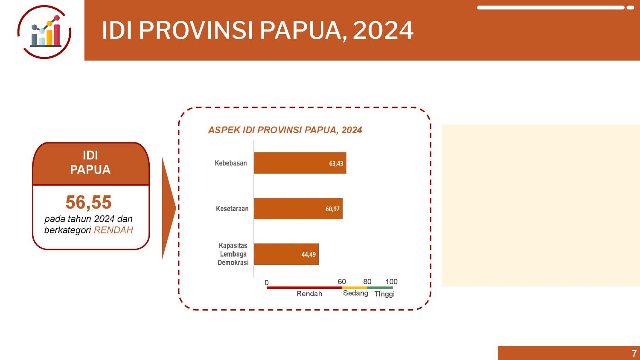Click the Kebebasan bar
pyautogui.click(x=300, y=163)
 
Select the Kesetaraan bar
pyautogui.click(x=298, y=209)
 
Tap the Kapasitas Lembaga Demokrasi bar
pyautogui.click(x=286, y=254)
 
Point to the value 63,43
pyautogui.click(x=336, y=164)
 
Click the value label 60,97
pyautogui.click(x=332, y=209)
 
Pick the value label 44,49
pyautogui.click(x=308, y=255)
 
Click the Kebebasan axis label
pyautogui.click(x=230, y=163)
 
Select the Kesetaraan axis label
pyautogui.click(x=232, y=209)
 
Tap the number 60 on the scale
pyautogui.click(x=342, y=282)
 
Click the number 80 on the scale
pyautogui.click(x=367, y=282)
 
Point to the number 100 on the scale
pyautogui.click(x=391, y=282)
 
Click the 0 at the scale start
pyautogui.click(x=267, y=282)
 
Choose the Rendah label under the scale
pyautogui.click(x=309, y=294)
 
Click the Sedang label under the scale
pyautogui.click(x=355, y=293)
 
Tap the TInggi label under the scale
pyautogui.click(x=384, y=294)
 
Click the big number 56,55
pyautogui.click(x=89, y=203)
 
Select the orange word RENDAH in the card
pyautogui.click(x=113, y=230)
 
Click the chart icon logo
pyautogui.click(x=44, y=32)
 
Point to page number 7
pyautogui.click(x=634, y=353)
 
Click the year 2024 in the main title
pyautogui.click(x=384, y=30)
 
